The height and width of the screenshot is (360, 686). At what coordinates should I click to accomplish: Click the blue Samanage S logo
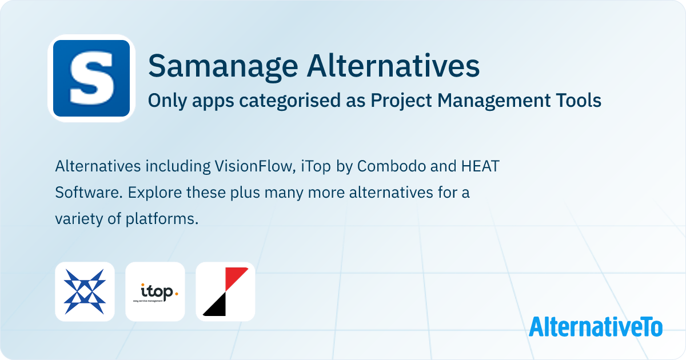(x=91, y=78)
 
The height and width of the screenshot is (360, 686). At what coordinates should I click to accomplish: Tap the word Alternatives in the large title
(x=393, y=66)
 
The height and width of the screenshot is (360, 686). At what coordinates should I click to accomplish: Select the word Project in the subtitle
(x=401, y=101)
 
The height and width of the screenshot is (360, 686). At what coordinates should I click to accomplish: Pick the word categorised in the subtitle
(x=290, y=101)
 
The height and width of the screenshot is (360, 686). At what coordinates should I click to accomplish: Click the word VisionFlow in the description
(x=255, y=166)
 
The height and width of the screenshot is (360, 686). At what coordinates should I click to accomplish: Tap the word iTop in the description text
(x=316, y=167)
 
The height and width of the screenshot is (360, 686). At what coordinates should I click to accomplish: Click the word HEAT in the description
(x=480, y=166)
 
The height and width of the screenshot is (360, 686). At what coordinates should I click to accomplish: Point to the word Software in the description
(x=89, y=193)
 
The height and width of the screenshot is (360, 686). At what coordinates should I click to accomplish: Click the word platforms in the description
(x=162, y=219)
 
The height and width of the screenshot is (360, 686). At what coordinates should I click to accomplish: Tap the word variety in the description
(x=79, y=219)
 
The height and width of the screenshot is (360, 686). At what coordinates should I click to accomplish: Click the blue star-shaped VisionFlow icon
(x=85, y=292)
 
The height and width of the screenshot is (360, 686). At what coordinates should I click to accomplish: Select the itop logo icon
(x=155, y=292)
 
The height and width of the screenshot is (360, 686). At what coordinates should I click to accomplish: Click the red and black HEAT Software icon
(x=225, y=292)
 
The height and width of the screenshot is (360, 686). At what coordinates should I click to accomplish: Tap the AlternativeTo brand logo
(x=596, y=327)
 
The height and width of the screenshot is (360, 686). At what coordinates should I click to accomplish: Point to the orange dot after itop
(x=176, y=294)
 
